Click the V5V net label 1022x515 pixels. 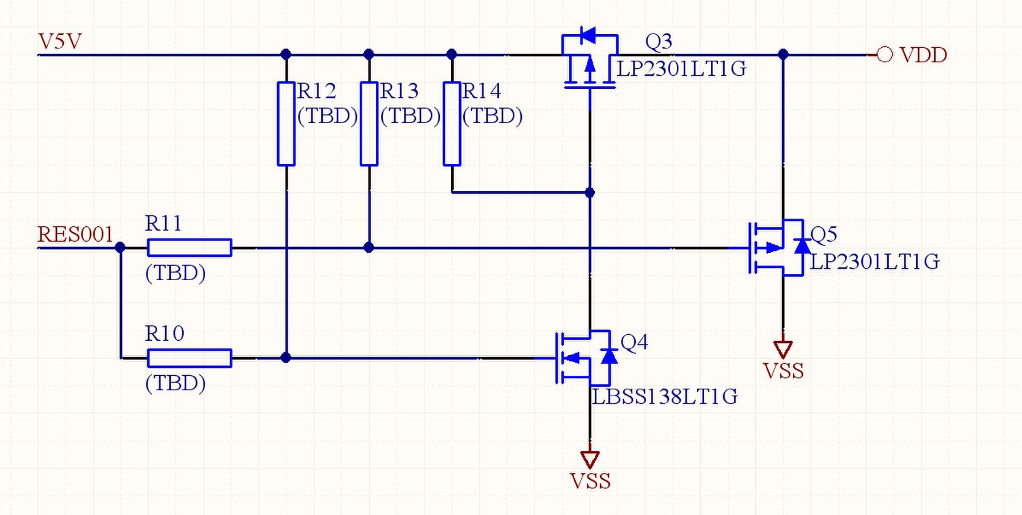pos(60,41)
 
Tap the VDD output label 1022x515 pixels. pos(923,55)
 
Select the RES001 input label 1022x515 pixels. pos(76,234)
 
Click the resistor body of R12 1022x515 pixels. pos(286,123)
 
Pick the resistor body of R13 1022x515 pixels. pos(369,123)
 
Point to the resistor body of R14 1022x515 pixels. pos(452,123)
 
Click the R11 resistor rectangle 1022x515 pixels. pos(190,248)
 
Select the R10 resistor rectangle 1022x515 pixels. pos(190,358)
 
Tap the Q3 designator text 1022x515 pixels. pos(658,41)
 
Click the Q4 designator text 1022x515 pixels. pos(634,342)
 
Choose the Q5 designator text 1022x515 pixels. pos(824,234)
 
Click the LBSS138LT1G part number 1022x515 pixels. pos(665,397)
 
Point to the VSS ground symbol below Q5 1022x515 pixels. pos(783,349)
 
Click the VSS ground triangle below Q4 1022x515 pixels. pos(590,460)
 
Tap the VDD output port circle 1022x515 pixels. pos(884,55)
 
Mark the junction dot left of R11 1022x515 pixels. pos(120,247)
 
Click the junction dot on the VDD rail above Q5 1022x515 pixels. pos(783,55)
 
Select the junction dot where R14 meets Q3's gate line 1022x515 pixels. pos(590,193)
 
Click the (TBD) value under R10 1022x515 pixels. pos(176,383)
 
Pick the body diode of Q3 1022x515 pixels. pos(588,35)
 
